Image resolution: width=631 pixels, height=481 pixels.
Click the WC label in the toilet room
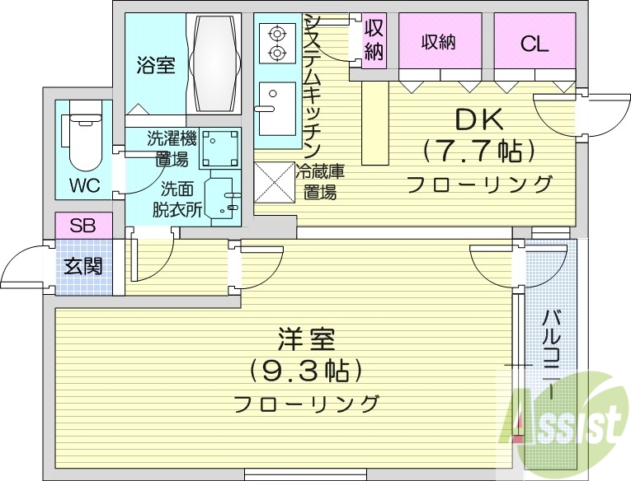pos(84,185)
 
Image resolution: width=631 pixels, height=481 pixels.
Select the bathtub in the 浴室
pos(214,63)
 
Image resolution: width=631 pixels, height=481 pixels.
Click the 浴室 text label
pos(155,65)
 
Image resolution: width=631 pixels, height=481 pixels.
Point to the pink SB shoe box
pos(82,225)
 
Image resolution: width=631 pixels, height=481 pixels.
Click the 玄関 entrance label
pos(82,266)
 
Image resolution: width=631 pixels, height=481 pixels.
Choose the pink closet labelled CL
pos(534,44)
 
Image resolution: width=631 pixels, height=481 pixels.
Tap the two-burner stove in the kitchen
pos(275,43)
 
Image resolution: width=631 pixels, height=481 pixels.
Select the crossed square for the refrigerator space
pos(273,180)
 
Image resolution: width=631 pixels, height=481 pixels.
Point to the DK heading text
pos(479,121)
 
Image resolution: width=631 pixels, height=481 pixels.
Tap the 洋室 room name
pos(305,339)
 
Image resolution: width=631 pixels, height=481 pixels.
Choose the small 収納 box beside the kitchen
pos(374,39)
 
